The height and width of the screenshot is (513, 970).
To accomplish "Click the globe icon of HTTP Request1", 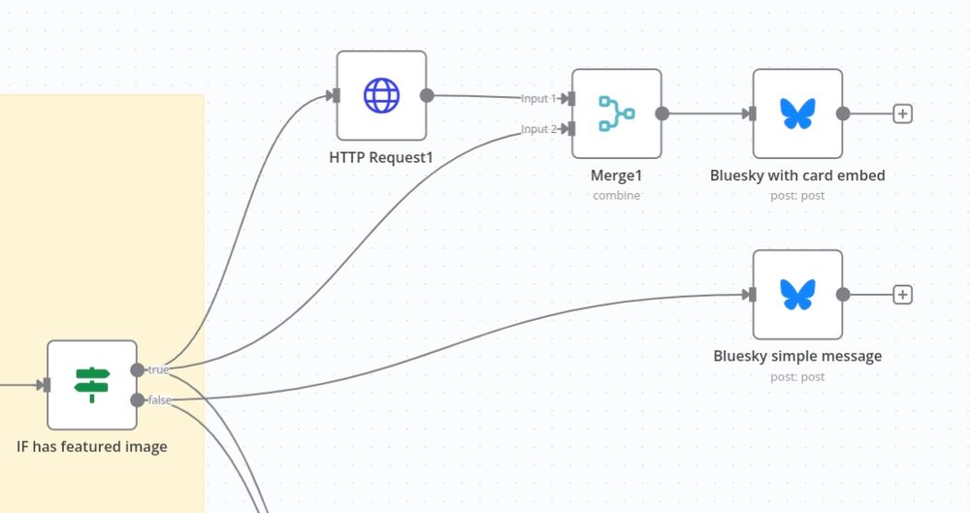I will coord(381,95).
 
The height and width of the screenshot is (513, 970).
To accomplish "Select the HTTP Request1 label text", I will coord(381,157).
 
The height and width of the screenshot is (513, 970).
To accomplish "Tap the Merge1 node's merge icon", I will coord(616,113).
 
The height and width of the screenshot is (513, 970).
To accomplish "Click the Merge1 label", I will coord(616,176).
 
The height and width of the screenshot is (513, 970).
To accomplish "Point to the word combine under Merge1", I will coord(616,195).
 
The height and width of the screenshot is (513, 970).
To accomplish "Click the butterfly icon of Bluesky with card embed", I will coord(797,113).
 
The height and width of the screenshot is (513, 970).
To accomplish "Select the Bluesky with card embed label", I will coord(797,176).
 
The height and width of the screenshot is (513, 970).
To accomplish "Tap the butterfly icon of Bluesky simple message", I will coord(797,294).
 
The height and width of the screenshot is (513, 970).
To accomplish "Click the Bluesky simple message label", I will coord(797,356).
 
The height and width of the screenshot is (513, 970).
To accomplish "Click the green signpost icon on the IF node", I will coord(92,385).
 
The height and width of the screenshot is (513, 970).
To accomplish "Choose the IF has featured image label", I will coord(92,447).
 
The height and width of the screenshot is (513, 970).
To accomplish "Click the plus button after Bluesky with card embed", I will coord(902,113).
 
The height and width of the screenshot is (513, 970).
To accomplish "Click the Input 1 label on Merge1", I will coord(539,99).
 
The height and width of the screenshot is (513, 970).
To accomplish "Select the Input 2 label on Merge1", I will coord(539,129).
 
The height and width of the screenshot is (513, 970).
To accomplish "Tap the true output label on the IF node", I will coord(158,369).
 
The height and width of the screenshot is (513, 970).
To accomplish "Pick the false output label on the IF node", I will coord(160,400).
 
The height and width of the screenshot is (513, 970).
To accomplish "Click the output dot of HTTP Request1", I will coord(427,95).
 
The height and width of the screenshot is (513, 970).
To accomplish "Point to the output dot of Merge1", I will coord(662,113).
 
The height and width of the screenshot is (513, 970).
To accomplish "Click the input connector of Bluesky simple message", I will coord(752,294).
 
